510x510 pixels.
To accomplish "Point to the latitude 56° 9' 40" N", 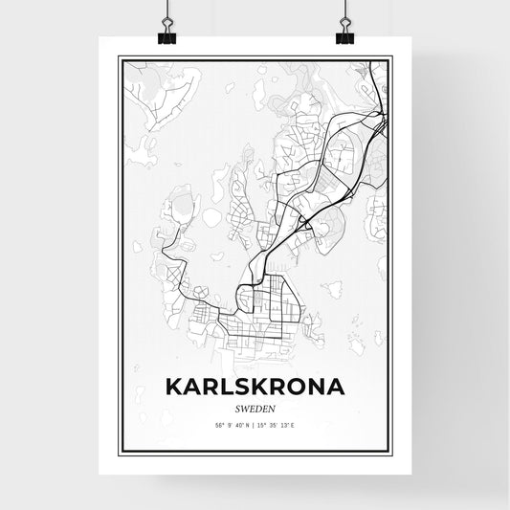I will click(x=226, y=423).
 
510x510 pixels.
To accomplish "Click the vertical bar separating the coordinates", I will click(x=255, y=423).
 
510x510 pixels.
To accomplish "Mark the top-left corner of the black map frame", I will click(x=119, y=57).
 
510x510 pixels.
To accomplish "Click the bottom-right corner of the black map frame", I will click(x=391, y=453).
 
